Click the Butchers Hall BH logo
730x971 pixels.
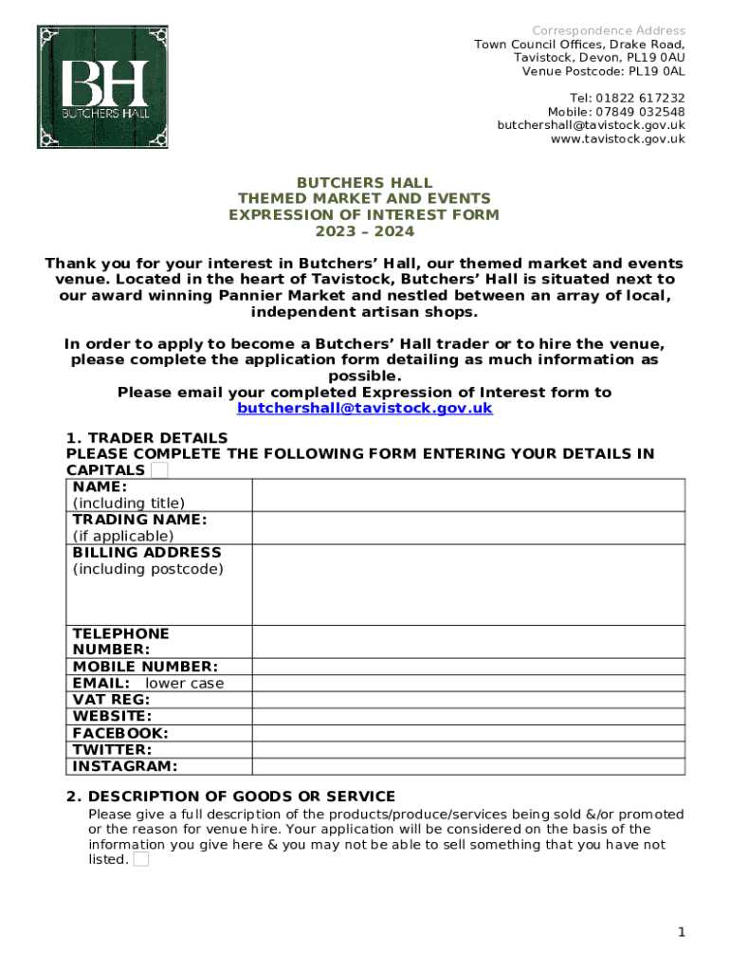point(102,87)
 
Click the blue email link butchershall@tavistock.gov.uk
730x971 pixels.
point(364,409)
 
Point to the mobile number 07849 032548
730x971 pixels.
point(640,112)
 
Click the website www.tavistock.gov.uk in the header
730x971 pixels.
point(617,139)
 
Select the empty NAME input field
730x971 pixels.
point(467,495)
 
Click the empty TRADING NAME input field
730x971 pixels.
point(467,528)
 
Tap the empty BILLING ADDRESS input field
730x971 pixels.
point(467,584)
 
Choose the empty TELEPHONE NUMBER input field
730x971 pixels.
point(467,642)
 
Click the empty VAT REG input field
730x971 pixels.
point(467,700)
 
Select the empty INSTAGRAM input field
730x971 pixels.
point(467,766)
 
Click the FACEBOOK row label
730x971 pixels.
point(120,733)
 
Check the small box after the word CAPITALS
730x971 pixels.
point(160,470)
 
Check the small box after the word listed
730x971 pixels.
point(140,860)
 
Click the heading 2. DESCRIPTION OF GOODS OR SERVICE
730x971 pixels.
point(230,797)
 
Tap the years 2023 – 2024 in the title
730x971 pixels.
point(364,231)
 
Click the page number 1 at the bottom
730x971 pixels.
point(681,933)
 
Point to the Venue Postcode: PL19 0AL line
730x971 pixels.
point(603,72)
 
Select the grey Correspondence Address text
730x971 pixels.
point(608,31)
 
